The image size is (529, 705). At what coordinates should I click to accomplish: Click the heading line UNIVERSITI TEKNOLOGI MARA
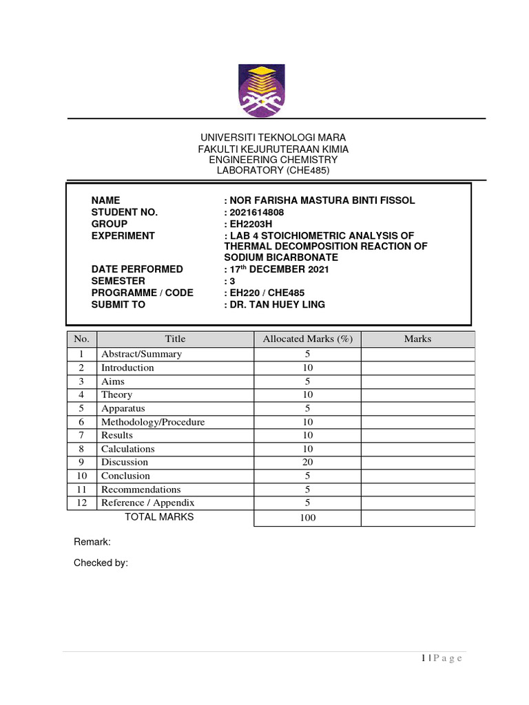(273, 138)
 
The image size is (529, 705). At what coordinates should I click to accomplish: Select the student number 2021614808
(254, 212)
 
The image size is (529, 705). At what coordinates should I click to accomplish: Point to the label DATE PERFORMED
(137, 269)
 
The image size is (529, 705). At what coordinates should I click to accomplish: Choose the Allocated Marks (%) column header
(307, 339)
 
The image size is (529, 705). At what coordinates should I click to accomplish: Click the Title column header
(175, 339)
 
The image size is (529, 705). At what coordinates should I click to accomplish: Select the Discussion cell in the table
(125, 462)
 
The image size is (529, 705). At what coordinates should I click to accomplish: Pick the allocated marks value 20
(307, 462)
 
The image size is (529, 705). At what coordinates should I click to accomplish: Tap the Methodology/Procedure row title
(153, 422)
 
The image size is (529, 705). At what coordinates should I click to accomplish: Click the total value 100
(307, 518)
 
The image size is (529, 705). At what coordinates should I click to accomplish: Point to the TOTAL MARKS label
(158, 517)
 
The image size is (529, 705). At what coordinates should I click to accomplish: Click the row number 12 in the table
(81, 503)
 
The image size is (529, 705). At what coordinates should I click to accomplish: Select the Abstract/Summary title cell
(142, 354)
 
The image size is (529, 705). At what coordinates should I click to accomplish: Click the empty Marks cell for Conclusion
(417, 476)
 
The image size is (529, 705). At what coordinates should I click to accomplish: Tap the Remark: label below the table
(92, 543)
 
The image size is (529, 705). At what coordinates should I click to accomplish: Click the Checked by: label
(101, 563)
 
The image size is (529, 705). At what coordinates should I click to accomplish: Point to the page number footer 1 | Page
(442, 659)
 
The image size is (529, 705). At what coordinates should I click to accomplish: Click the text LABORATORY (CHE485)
(273, 171)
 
